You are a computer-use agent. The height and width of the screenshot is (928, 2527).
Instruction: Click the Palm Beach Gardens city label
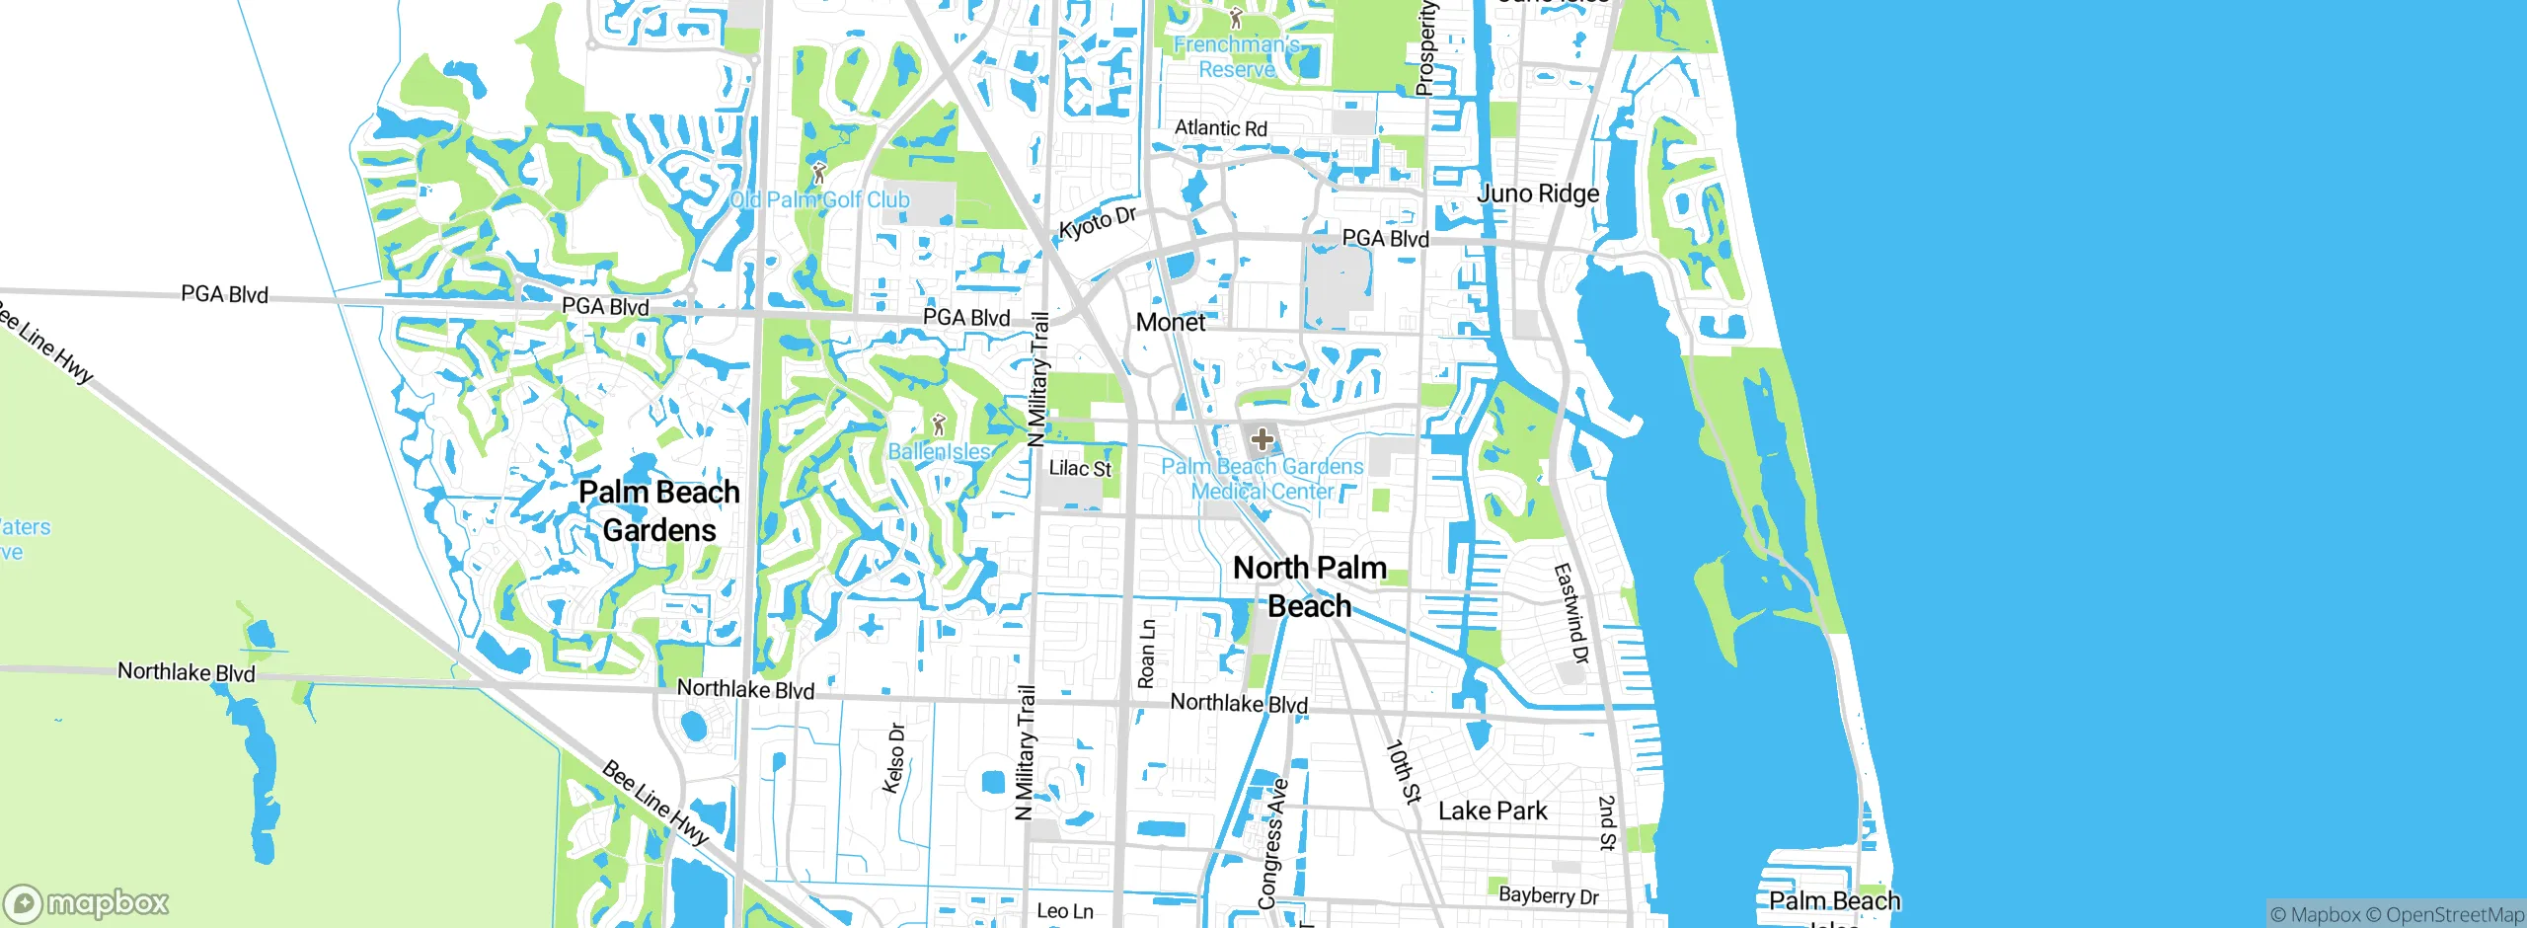pos(659,511)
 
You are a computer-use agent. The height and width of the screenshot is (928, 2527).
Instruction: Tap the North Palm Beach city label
pos(1310,586)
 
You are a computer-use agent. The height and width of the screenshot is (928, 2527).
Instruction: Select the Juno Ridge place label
pos(1538,193)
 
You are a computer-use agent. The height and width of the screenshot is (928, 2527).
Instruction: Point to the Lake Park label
pos(1493,812)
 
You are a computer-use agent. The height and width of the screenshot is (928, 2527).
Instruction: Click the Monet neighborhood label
pos(1171,323)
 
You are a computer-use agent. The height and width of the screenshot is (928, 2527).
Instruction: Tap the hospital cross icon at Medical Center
pos(1262,439)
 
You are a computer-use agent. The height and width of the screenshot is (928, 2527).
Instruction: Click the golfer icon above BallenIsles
pos(939,425)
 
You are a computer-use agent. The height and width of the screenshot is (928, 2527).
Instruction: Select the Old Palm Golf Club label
pos(819,200)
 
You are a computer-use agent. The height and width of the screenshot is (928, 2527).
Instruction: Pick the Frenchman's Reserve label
pos(1236,57)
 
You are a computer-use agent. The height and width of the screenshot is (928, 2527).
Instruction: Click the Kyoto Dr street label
pos(1098,224)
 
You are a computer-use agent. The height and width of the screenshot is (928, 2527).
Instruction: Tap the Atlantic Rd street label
pos(1221,128)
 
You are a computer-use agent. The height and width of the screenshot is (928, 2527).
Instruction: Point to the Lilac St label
pos(1080,469)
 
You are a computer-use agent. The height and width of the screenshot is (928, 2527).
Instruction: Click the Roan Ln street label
pos(1146,654)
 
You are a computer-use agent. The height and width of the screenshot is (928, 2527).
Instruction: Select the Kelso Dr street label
pos(894,758)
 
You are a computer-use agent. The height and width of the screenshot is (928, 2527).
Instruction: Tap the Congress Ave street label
pos(1272,844)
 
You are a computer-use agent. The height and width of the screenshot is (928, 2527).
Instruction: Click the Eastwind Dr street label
pos(1571,613)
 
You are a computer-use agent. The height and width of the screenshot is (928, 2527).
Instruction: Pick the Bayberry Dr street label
pos(1548,895)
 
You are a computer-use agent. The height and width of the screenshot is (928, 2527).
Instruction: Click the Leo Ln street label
pos(1065,911)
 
